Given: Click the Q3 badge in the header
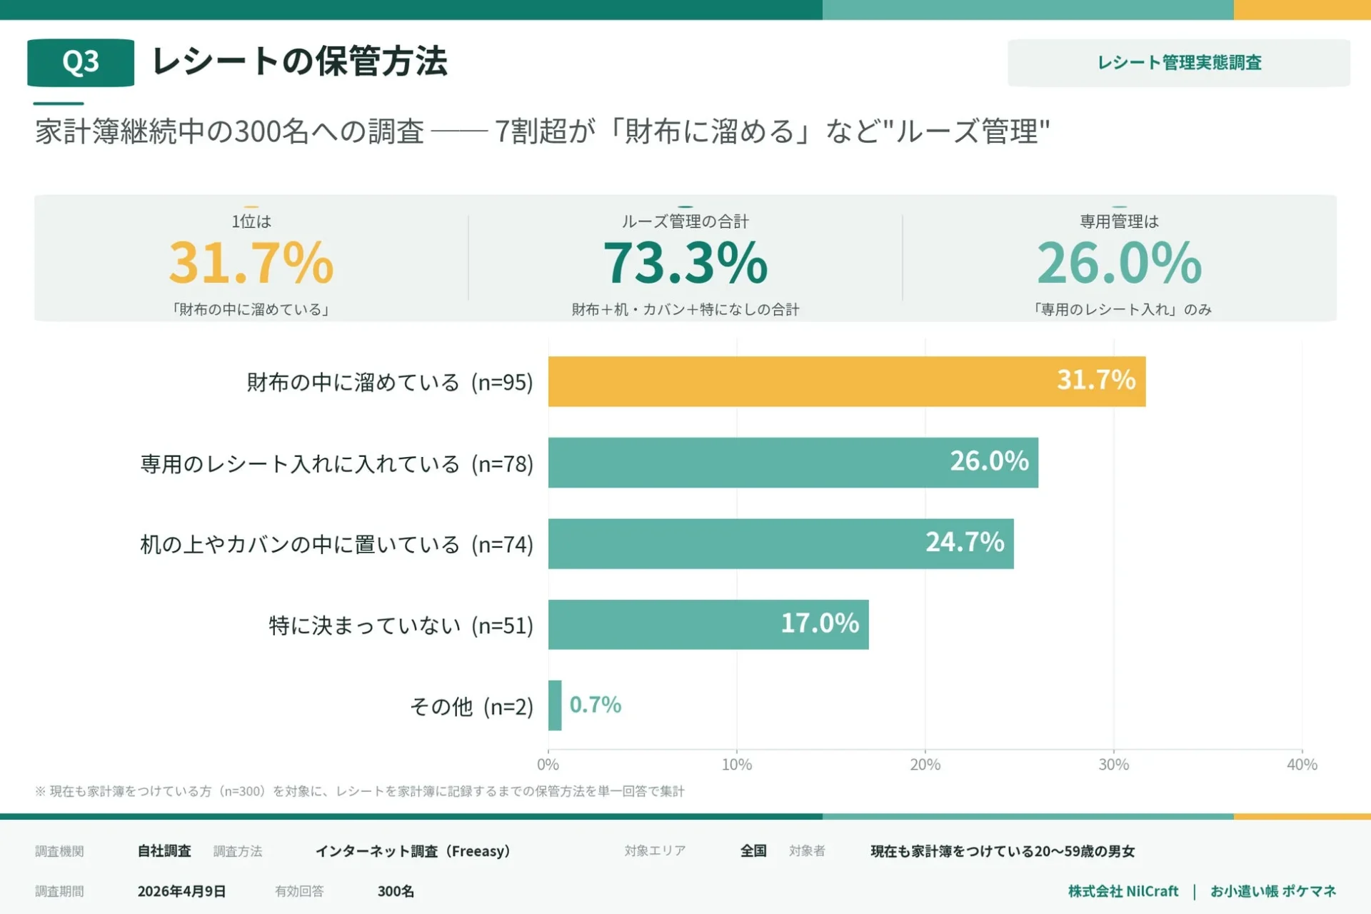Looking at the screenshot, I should coord(81,63).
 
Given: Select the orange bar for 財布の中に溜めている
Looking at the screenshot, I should coord(846,381).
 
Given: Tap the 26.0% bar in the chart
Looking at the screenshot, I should coord(793,463).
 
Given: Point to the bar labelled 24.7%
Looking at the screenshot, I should coord(780,543).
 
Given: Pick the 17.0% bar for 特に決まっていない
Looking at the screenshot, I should coord(708,624).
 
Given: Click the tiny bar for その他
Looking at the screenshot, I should coord(555,705).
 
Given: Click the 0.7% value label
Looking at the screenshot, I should coord(595,705).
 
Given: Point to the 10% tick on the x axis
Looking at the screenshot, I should coord(736,765).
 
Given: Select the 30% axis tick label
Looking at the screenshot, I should coord(1113,765).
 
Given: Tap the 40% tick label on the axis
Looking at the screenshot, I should coord(1301,765).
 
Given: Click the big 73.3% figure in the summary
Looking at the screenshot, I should coord(685,263).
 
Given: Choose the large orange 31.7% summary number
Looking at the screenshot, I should coord(251,263).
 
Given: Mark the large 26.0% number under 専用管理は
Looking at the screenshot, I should coord(1119,263).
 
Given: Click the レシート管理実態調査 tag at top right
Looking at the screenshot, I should coord(1178,63).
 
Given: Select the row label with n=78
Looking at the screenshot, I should coord(336,464).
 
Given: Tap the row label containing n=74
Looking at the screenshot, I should coord(336,545).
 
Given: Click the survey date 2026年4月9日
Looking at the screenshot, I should coord(181,891).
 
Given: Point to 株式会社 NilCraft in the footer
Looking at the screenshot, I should coord(1123,891).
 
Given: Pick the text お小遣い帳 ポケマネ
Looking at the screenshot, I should coord(1272,891).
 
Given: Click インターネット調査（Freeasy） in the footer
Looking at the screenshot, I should coord(413,851).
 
